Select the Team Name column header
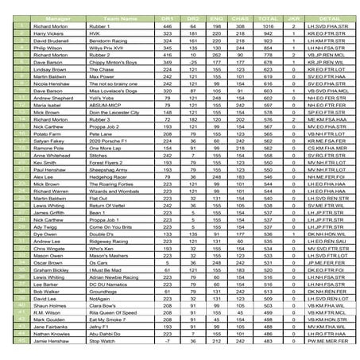point(113,16)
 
